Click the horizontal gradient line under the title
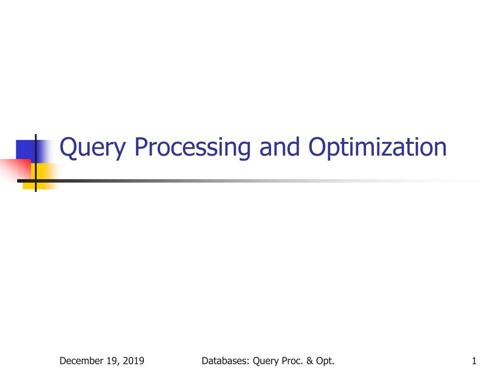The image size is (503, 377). point(246,181)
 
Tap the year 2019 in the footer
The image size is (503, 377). point(133,361)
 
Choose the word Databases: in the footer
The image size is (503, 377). point(225,361)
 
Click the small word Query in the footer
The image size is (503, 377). point(266,362)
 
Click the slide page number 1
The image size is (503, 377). point(474,361)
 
